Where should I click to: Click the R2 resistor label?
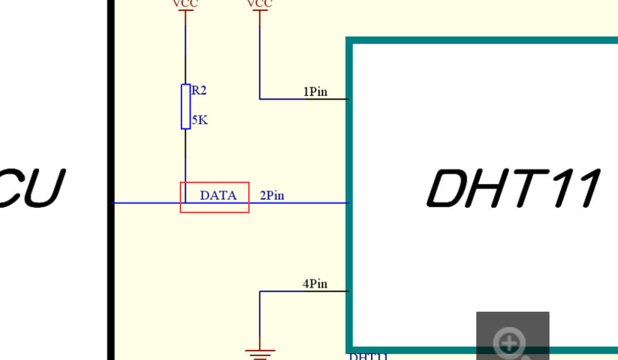pyautogui.click(x=199, y=90)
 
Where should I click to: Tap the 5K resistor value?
pyautogui.click(x=199, y=120)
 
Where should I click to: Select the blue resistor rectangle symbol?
pyautogui.click(x=186, y=107)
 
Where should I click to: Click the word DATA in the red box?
pyautogui.click(x=218, y=195)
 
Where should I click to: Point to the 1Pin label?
pyautogui.click(x=315, y=92)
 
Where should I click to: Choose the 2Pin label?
pyautogui.click(x=272, y=195)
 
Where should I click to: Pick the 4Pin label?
pyautogui.click(x=315, y=283)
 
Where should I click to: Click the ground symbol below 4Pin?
pyautogui.click(x=259, y=353)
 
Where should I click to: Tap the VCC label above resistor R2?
pyautogui.click(x=185, y=4)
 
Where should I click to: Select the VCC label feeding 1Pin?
pyautogui.click(x=259, y=4)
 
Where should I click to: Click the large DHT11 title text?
pyautogui.click(x=514, y=188)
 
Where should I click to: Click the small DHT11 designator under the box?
pyautogui.click(x=369, y=356)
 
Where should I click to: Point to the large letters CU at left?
pyautogui.click(x=31, y=188)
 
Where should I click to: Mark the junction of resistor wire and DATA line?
pyautogui.click(x=186, y=203)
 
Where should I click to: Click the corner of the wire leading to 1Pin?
pyautogui.click(x=260, y=99)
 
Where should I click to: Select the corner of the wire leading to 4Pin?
pyautogui.click(x=260, y=291)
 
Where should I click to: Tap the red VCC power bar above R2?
pyautogui.click(x=185, y=10)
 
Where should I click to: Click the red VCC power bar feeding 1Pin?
pyautogui.click(x=259, y=10)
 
